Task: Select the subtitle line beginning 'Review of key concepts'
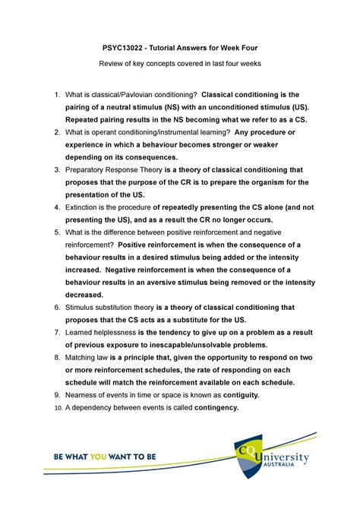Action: point(180,64)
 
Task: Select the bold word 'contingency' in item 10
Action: point(207,407)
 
